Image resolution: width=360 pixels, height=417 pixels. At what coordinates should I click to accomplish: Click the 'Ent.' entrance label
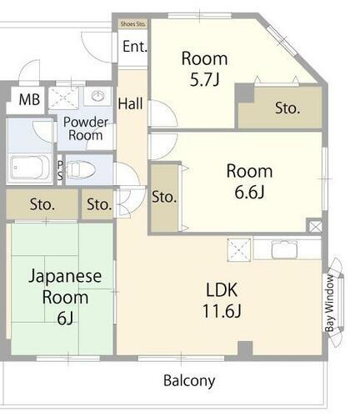134,47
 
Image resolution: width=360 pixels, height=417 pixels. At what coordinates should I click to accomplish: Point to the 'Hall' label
130,104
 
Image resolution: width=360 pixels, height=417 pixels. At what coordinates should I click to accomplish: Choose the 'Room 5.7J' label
204,68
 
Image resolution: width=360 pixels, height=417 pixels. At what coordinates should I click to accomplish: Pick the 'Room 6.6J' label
249,181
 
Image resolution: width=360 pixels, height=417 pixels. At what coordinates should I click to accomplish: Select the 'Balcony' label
188,381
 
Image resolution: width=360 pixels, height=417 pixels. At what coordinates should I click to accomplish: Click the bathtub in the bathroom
29,168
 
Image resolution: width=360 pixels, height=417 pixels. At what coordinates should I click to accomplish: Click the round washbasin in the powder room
98,95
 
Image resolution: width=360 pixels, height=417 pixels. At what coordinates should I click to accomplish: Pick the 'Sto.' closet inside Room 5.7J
287,108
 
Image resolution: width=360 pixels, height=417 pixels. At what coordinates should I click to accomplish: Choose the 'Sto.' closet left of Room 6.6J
164,198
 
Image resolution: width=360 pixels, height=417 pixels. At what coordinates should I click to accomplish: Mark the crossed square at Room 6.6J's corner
314,225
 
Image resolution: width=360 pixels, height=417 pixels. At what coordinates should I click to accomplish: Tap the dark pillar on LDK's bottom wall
244,348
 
